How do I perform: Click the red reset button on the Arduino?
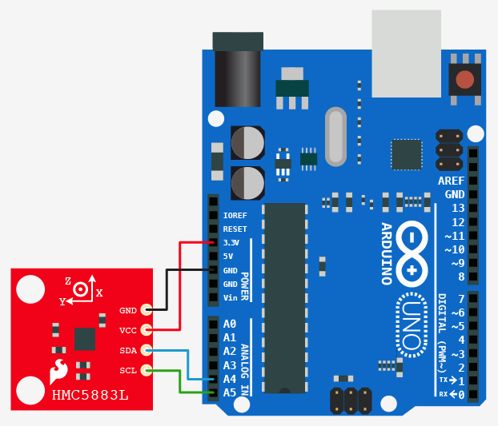pyautogui.click(x=464, y=79)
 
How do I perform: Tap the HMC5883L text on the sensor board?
pyautogui.click(x=90, y=396)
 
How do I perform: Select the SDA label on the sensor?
pyautogui.click(x=128, y=351)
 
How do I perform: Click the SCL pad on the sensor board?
pyautogui.click(x=146, y=370)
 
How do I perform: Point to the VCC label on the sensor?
pyautogui.click(x=128, y=330)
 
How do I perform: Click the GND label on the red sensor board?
pyautogui.click(x=128, y=310)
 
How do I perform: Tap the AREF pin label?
pyautogui.click(x=452, y=181)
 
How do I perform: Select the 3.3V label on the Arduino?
pyautogui.click(x=231, y=243)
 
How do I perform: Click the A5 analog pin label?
pyautogui.click(x=230, y=392)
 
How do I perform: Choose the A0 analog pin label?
pyautogui.click(x=230, y=324)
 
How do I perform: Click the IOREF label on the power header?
pyautogui.click(x=235, y=216)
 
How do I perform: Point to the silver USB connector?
pyautogui.click(x=407, y=52)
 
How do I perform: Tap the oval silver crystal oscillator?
pyautogui.click(x=335, y=137)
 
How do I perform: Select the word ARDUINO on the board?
pyautogui.click(x=386, y=253)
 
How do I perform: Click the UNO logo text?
pyautogui.click(x=413, y=324)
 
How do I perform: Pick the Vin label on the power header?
pyautogui.click(x=231, y=298)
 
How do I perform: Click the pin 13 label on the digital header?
pyautogui.click(x=458, y=208)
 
